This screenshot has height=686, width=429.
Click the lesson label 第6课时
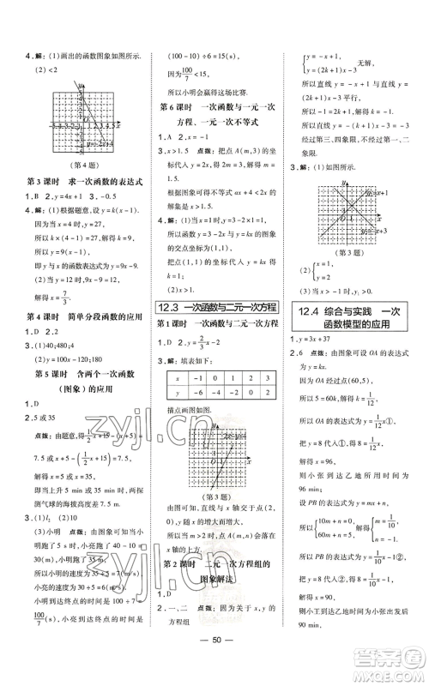tap(176, 106)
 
